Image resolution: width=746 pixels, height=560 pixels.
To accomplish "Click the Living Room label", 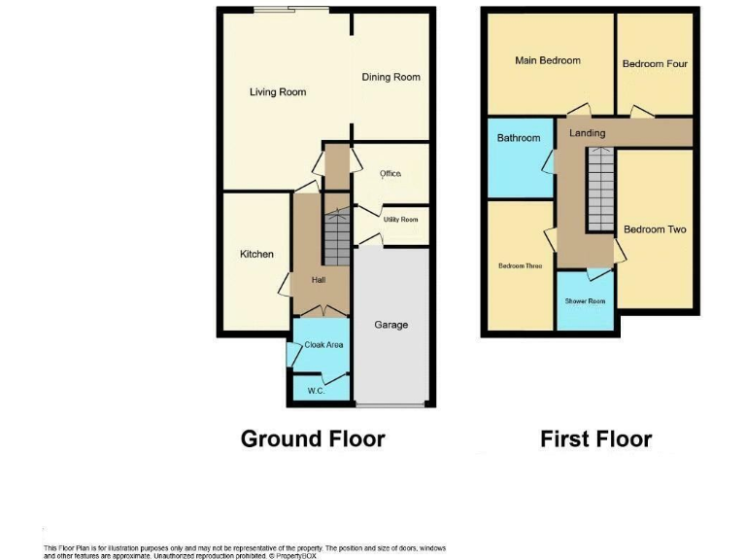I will coord(278,92).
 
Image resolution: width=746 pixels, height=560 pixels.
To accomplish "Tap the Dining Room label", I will coord(390,78).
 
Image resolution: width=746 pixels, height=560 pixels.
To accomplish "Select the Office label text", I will coord(390,174).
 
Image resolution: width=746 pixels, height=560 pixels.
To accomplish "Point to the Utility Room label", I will coord(400,220).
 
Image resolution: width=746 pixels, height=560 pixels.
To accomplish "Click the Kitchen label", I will coord(256,255).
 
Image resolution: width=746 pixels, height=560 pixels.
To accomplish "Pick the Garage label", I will coord(391,325).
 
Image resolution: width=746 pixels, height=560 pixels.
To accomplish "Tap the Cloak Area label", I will coord(323,344).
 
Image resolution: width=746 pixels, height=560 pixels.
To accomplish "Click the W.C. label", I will coord(316,391).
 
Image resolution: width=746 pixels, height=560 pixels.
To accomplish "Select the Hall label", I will coord(319,281).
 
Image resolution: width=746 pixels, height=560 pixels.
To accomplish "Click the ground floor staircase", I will coord(336,239).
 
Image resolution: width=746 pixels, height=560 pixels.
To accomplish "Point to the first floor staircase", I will coord(601,191).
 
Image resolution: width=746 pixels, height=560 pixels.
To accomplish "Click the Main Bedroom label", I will coord(547,60).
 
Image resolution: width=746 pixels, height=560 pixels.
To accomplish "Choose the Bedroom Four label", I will coord(655,64).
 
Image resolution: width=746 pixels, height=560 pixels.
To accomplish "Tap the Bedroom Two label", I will coord(655,229).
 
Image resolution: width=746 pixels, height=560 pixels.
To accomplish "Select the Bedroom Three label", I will coord(520,265).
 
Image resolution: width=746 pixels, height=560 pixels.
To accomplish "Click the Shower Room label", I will coord(585,301).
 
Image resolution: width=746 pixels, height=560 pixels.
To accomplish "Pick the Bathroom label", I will coord(518,138).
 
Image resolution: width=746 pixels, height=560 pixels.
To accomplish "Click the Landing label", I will coord(587,133).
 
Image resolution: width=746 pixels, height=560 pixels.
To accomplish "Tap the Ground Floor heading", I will coord(313,439).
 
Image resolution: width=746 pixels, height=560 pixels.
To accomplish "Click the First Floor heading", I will coord(595,439).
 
